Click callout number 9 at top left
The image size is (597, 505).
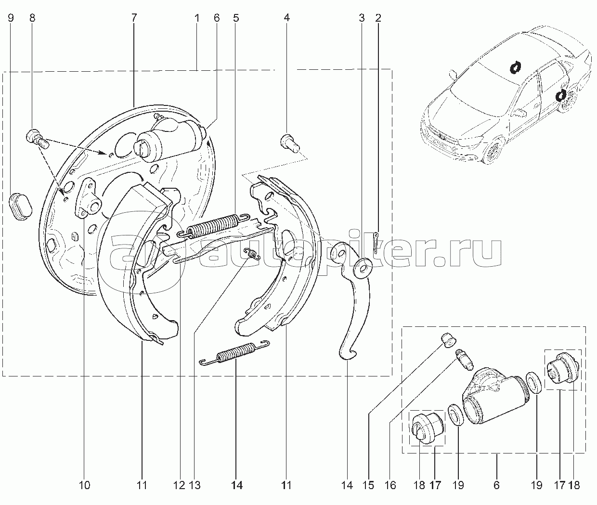click(11, 18)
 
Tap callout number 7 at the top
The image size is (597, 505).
click(134, 18)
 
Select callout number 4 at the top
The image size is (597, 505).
click(286, 18)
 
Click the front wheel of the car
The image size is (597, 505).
click(495, 152)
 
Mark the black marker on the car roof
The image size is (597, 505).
click(515, 68)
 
